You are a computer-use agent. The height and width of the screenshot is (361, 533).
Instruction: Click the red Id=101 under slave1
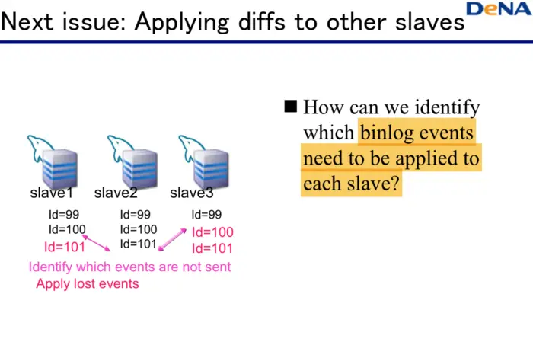[x=64, y=246]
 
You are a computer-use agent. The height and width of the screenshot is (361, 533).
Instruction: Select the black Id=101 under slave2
[x=138, y=244]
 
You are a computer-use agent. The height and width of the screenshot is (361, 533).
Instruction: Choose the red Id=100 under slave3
[x=212, y=232]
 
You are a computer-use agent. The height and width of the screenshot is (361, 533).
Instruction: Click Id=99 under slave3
[x=206, y=215]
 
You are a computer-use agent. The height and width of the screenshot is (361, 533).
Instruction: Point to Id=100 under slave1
[x=67, y=229]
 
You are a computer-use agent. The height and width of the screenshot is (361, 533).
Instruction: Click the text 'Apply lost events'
[x=88, y=283]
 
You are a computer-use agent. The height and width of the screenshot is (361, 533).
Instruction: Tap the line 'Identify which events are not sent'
[x=129, y=267]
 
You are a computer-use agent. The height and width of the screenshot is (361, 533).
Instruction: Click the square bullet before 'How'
[x=290, y=106]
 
